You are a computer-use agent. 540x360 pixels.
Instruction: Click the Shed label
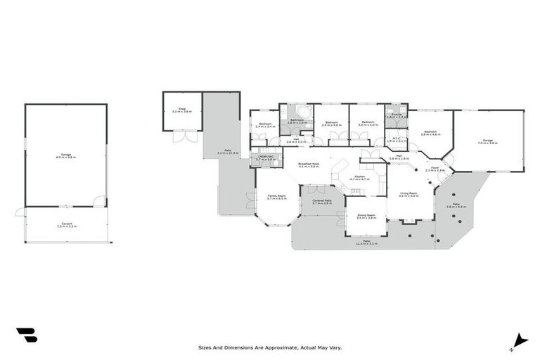pyautogui.click(x=181, y=110)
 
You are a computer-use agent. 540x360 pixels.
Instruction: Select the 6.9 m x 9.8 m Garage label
pyautogui.click(x=65, y=155)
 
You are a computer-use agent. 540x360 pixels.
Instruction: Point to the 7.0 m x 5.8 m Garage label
pyautogui.click(x=488, y=141)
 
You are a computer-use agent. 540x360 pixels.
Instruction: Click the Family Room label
pyautogui.click(x=276, y=197)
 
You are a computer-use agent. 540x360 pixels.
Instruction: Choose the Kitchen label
pyautogui.click(x=360, y=178)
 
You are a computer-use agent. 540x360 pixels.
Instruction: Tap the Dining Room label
pyautogui.click(x=366, y=217)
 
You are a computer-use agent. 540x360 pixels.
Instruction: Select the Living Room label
pyautogui.click(x=409, y=194)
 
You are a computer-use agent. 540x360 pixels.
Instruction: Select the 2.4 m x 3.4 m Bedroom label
pyautogui.click(x=264, y=125)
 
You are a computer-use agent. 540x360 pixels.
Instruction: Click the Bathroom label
pyautogui.click(x=296, y=121)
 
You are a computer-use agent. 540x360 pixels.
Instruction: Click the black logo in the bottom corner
pyautogui.click(x=26, y=335)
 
